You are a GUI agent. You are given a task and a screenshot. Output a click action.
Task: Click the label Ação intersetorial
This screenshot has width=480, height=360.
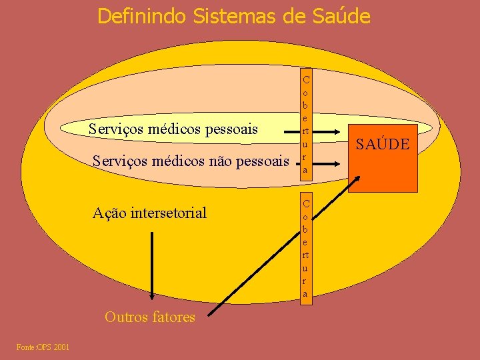click(149, 213)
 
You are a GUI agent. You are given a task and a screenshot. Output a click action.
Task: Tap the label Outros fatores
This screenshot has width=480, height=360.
click(150, 317)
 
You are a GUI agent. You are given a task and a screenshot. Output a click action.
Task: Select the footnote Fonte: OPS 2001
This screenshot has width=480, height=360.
click(43, 347)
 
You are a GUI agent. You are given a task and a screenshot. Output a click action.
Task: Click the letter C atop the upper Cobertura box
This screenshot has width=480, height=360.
click(305, 79)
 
